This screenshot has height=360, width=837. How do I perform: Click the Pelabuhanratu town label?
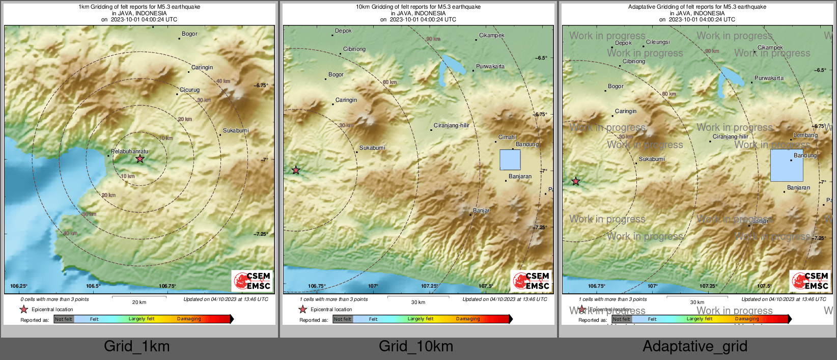pos(130,151)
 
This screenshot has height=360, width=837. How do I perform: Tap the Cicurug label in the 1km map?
pos(189,90)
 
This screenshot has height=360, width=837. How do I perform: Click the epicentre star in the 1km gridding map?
pos(140,159)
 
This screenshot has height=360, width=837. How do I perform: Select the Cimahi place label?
pos(507,137)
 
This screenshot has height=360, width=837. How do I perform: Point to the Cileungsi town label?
pos(658,42)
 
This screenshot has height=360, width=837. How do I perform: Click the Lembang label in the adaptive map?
pos(805,135)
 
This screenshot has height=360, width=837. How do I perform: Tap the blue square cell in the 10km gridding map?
pos(510,159)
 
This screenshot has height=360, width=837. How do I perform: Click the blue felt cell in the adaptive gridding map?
pos(786,165)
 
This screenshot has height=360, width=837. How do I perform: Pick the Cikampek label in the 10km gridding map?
pos(491,35)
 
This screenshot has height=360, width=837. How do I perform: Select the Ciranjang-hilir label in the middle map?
pos(451,125)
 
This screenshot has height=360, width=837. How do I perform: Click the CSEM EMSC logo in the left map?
pos(252,281)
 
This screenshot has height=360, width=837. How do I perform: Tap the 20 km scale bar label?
pos(139,302)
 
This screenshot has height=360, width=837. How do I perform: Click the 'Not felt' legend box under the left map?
pos(64,319)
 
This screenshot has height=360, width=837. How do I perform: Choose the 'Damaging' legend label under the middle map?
pos(468,319)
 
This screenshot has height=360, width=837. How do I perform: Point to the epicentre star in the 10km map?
pos(296,170)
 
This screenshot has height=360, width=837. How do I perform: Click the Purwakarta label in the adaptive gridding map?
pos(769,78)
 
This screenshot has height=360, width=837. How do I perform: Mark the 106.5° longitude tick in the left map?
pos(93,286)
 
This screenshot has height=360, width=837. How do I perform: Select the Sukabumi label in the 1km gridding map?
pos(236,130)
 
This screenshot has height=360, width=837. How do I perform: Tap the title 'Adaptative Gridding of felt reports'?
pos(697,7)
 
